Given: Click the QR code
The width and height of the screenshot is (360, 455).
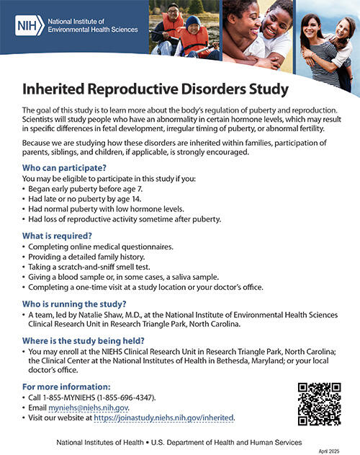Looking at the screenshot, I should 318,404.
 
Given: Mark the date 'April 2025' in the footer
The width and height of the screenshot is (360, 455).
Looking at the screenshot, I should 329,449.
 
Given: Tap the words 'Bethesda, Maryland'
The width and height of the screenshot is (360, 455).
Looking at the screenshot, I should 231,361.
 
